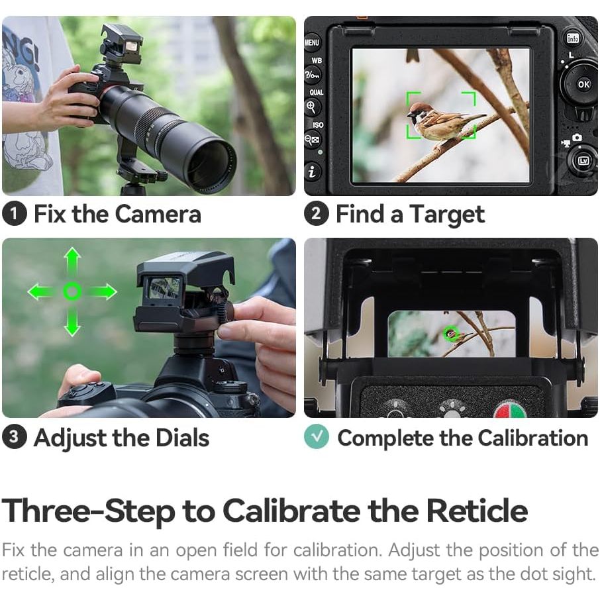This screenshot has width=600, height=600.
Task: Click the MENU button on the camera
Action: pos(312,42)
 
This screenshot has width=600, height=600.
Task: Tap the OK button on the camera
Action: pos(583,84)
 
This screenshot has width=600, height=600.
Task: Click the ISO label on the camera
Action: pos(318,125)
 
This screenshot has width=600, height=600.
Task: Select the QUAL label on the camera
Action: pos(317,92)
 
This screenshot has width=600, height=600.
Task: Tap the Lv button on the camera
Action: pos(583,160)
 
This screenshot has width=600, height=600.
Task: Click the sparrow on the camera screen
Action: pos(444,121)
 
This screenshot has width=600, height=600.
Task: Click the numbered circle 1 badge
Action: pos(15,213)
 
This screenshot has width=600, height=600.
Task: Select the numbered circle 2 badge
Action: pos(317,213)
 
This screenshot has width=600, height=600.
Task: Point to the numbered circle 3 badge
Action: pos(15,436)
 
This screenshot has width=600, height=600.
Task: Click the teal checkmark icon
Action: pos(317,436)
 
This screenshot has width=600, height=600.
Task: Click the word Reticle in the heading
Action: pos(477,510)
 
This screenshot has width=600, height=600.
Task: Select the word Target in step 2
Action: pos(447,215)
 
